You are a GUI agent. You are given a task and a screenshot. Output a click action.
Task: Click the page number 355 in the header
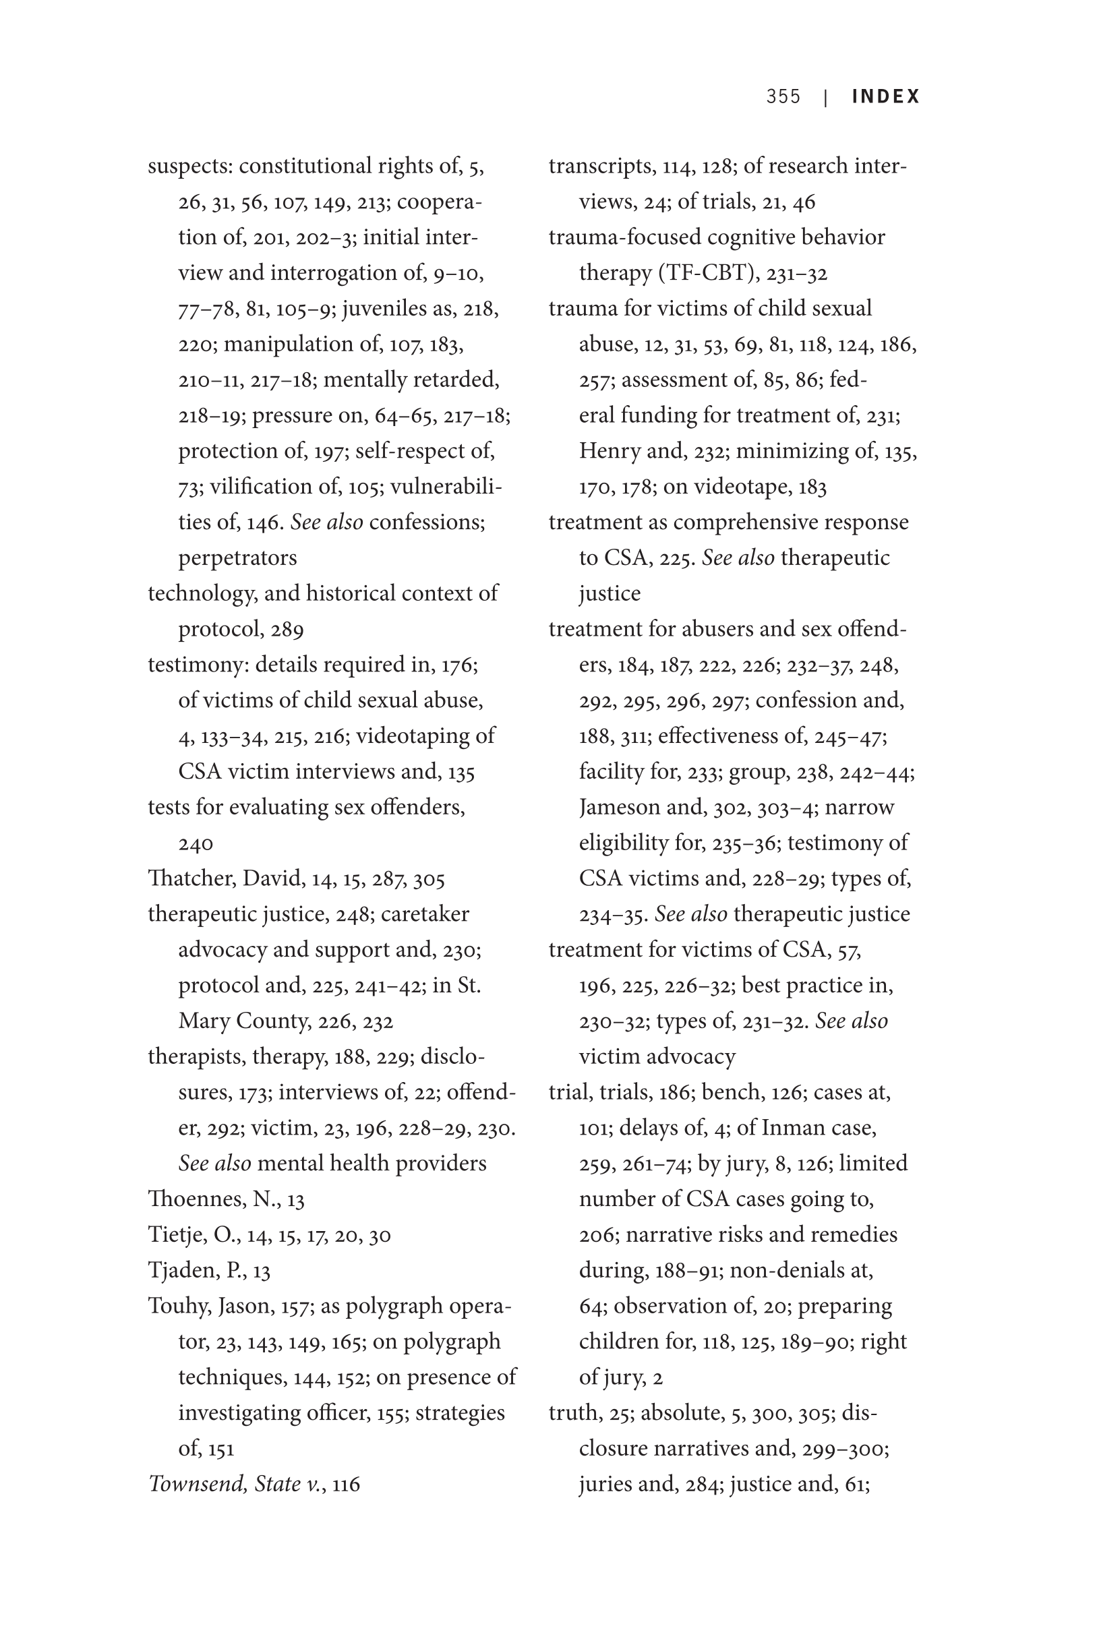tap(783, 96)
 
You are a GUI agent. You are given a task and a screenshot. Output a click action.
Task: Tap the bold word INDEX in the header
tap(886, 96)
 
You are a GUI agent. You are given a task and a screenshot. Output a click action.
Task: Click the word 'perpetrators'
tap(237, 558)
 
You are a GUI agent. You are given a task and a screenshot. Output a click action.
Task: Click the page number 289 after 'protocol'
tap(287, 630)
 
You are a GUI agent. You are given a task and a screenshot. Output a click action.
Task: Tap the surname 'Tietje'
tap(176, 1235)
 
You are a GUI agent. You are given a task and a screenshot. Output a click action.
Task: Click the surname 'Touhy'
tap(178, 1307)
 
